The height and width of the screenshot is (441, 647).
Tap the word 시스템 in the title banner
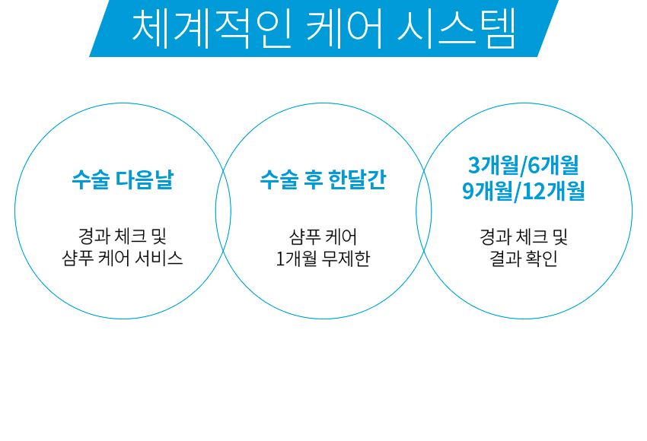pos(457,28)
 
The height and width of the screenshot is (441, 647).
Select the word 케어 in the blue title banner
pos(345,28)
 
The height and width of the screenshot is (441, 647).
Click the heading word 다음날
pos(144,179)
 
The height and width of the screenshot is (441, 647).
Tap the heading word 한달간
pos(357,179)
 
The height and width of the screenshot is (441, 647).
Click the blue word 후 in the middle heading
pos(313,179)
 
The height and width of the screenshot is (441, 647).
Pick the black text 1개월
pos(297,259)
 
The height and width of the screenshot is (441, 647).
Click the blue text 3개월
pos(493,165)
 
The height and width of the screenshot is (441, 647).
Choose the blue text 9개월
pos(487,191)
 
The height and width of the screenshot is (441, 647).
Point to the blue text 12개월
pos(553,191)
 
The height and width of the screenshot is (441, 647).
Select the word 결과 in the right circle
pos(504,259)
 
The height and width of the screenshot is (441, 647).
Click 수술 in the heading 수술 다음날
pos(91,179)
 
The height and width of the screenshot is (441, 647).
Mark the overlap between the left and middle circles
pos(223,211)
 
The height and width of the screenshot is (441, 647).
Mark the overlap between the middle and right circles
pos(424,211)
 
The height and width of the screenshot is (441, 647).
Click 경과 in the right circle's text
pos(494,236)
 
